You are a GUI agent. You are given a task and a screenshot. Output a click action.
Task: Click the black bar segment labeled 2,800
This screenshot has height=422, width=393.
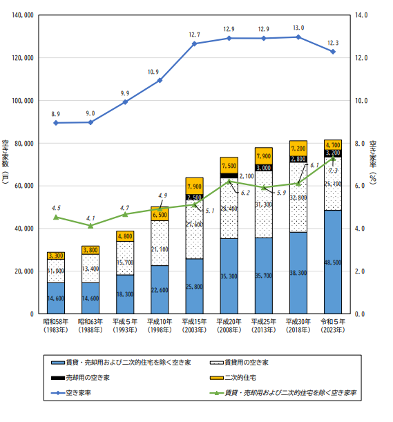tap(298, 159)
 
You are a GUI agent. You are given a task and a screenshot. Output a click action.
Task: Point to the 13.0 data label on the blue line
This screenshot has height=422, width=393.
tap(298, 28)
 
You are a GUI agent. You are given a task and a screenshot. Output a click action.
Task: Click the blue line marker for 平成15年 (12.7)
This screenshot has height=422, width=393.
tap(194, 44)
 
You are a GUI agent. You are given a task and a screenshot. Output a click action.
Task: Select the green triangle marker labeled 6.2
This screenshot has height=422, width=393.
tap(229, 181)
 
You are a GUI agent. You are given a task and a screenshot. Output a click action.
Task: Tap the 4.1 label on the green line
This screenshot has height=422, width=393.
tap(90, 218)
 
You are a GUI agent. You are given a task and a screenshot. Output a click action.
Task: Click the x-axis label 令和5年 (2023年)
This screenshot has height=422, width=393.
tap(333, 325)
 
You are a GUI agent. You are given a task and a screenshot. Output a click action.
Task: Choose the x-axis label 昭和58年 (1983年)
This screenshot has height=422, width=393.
tap(56, 325)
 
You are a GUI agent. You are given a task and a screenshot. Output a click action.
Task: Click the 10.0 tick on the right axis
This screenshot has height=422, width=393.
tap(361, 101)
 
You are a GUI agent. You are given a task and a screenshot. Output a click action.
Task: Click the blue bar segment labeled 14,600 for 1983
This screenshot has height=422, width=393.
tap(56, 298)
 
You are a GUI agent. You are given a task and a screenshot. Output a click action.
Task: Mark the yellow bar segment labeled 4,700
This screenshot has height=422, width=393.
tap(333, 145)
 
